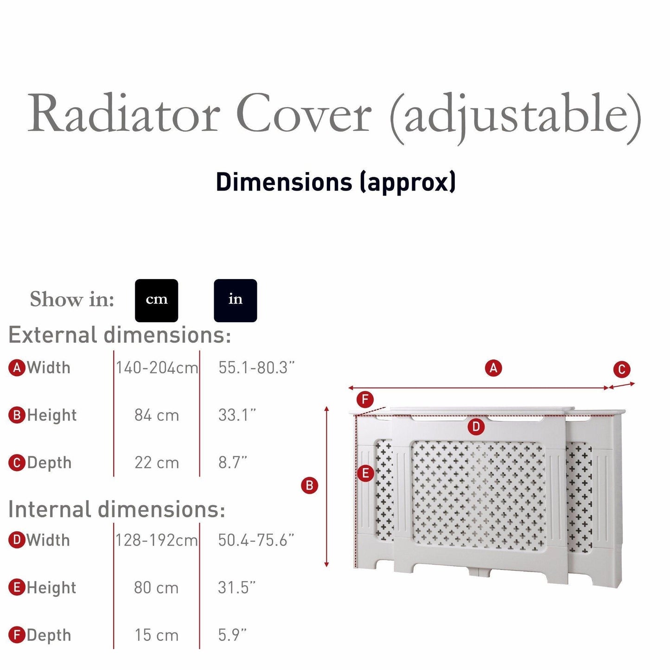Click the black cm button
156,300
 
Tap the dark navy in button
235,300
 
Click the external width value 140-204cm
157,368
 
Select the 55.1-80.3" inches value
256,368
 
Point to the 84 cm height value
157,415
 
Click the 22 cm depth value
157,462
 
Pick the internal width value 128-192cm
157,540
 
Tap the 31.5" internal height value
237,587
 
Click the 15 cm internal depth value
157,635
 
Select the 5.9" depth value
233,635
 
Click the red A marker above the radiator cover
493,368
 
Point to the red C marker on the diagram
621,370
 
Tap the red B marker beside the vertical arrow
309,485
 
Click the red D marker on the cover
476,427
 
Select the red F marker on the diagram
365,399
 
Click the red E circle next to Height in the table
17,587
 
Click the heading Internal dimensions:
117,509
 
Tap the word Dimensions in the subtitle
284,182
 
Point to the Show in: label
72,300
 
